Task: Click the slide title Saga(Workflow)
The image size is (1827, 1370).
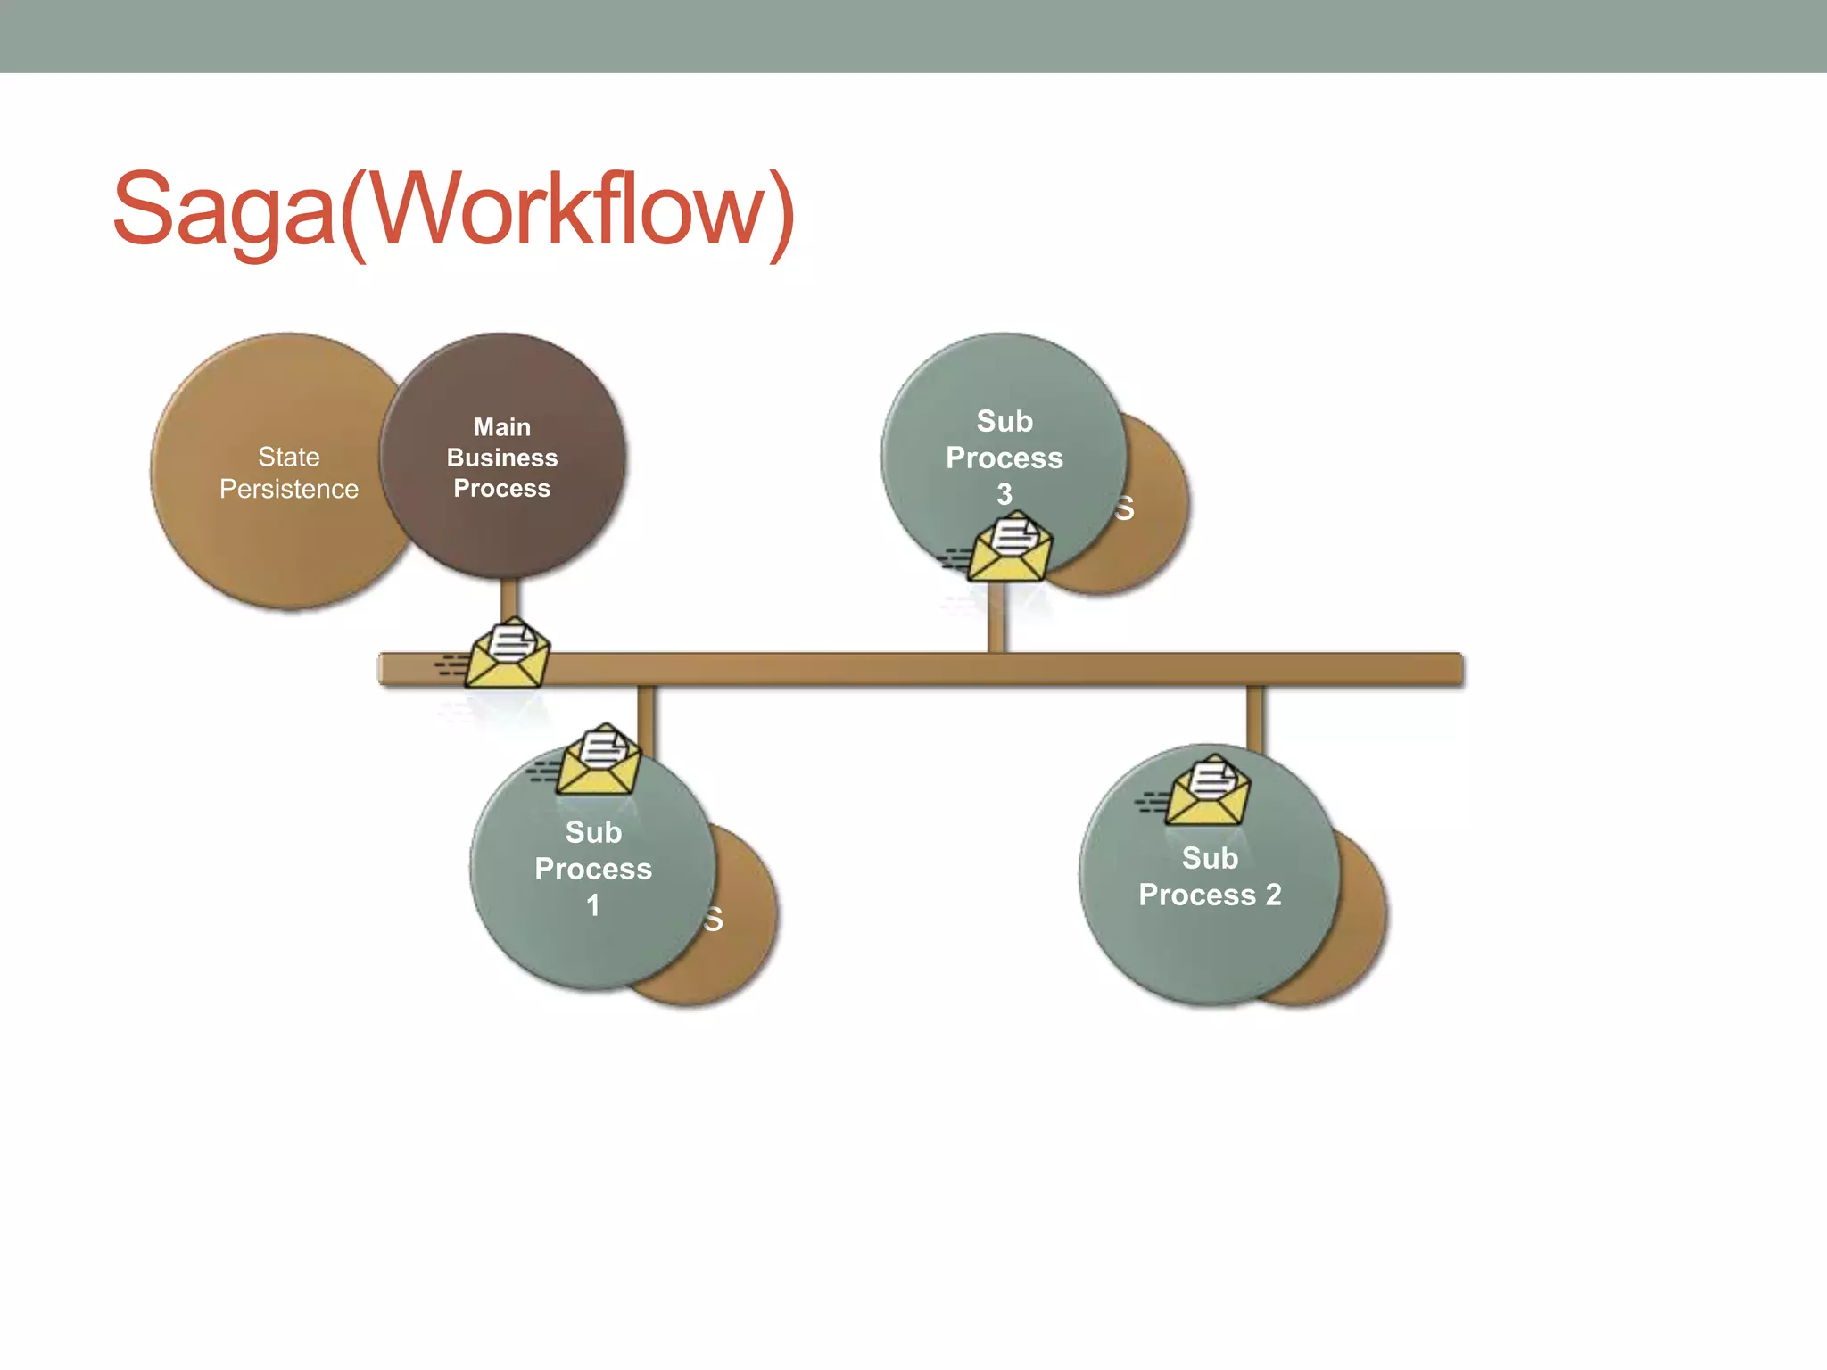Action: (453, 210)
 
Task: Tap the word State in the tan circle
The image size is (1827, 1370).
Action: (288, 457)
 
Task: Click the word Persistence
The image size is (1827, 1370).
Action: (288, 489)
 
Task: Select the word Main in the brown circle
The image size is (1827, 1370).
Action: (502, 427)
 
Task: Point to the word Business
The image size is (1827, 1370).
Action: (502, 458)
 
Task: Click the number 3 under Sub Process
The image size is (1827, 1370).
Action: (1004, 494)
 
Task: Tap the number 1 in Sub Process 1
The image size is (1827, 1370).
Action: (593, 905)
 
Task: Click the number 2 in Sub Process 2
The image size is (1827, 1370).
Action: (1273, 895)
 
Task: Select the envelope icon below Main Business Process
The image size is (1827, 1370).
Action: (507, 655)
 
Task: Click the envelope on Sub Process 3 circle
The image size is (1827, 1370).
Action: (1010, 548)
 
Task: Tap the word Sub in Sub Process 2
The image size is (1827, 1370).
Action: (1210, 858)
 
